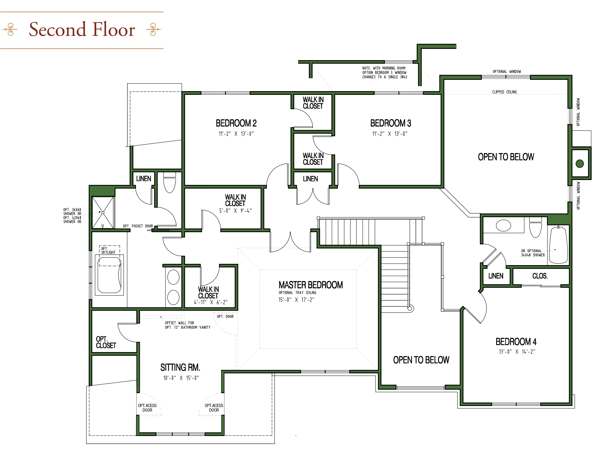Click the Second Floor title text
(82, 30)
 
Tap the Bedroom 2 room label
(236, 123)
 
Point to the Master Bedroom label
(310, 285)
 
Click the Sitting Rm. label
(180, 367)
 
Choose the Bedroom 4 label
(516, 342)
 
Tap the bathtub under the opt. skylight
(110, 275)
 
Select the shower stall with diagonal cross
(103, 212)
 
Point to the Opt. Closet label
(106, 342)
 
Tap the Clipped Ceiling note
(504, 92)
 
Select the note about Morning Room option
(385, 73)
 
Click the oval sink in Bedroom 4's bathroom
(503, 225)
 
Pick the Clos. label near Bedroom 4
(540, 276)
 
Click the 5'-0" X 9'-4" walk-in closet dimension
(235, 211)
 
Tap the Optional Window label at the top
(506, 72)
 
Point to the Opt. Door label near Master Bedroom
(225, 316)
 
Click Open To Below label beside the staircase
(421, 360)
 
